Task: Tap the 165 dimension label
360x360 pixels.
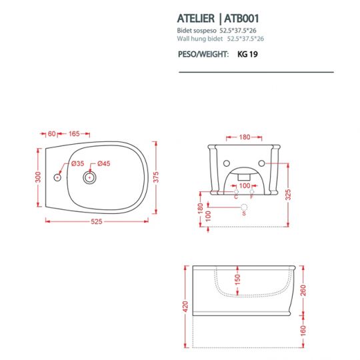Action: tap(74, 133)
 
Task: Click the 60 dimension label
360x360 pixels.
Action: tap(52, 133)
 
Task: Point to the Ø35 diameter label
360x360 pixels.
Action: tap(77, 163)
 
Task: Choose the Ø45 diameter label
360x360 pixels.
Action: tap(104, 163)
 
